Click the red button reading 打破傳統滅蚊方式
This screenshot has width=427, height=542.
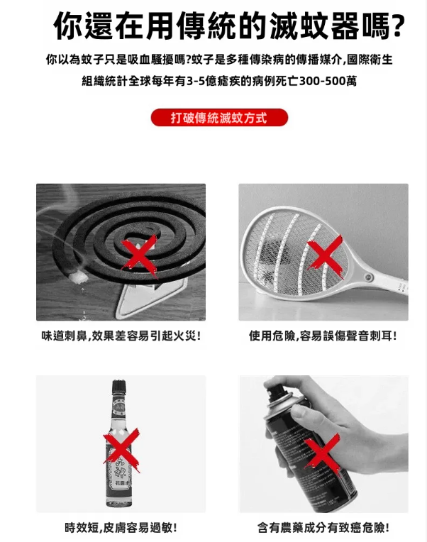(x=219, y=118)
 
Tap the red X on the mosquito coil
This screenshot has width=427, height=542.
(x=140, y=255)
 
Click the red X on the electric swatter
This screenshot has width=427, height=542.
(x=325, y=256)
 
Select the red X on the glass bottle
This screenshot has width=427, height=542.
(x=121, y=450)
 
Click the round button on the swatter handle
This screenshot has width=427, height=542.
(x=368, y=277)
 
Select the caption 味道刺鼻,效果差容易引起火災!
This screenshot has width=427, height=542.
(x=121, y=336)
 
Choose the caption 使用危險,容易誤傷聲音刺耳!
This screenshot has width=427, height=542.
(x=323, y=336)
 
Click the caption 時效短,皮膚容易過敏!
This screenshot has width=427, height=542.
(x=121, y=528)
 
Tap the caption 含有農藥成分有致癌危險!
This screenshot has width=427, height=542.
(x=323, y=528)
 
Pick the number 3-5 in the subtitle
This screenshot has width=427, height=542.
(x=196, y=82)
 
